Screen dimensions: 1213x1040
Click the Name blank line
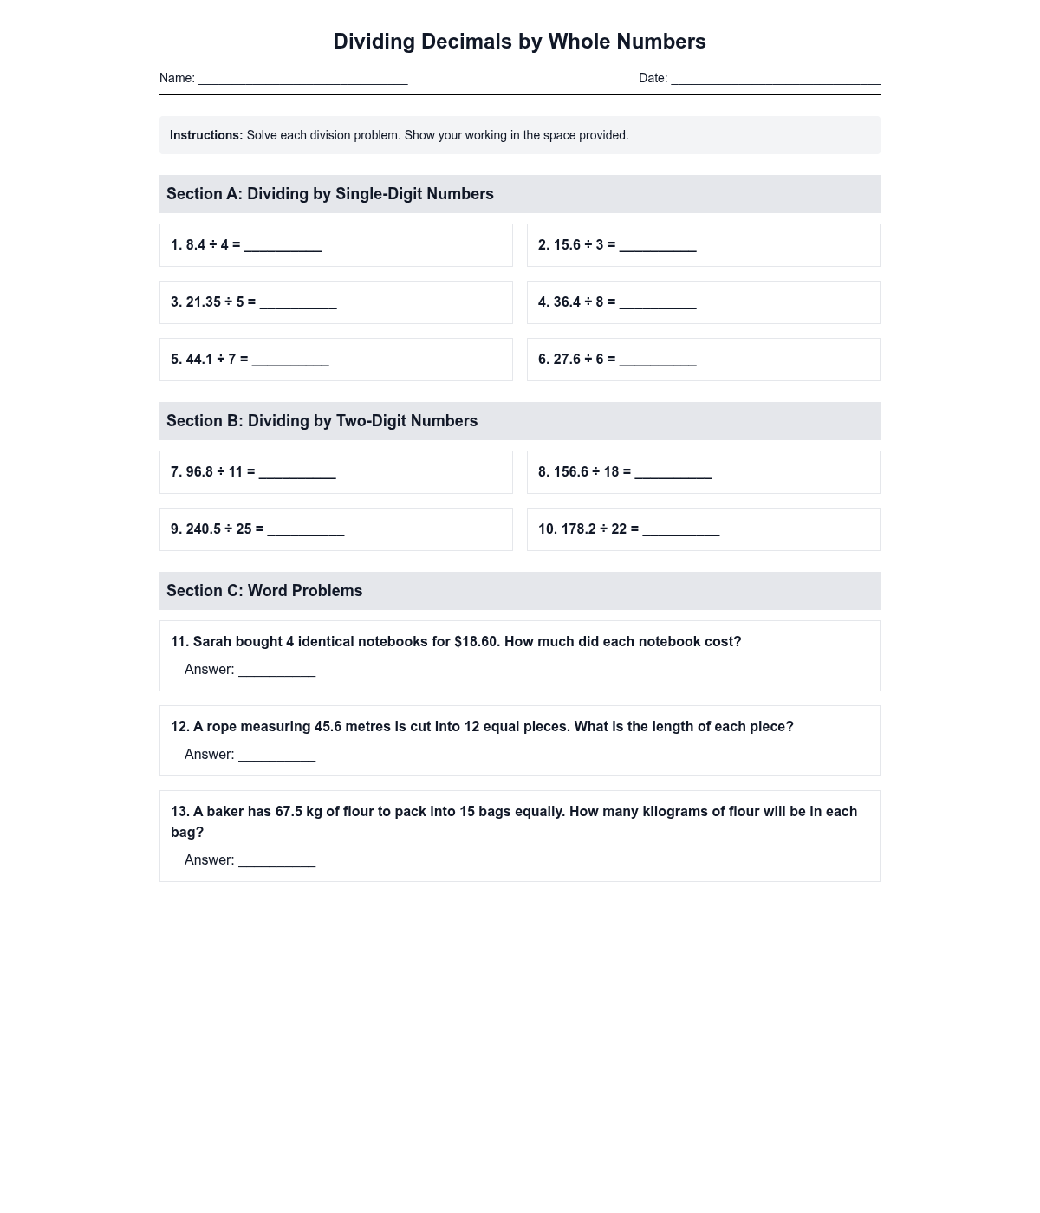point(302,80)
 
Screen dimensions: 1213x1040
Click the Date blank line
point(775,80)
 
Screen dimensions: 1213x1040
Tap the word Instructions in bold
point(206,135)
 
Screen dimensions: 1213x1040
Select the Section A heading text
point(329,194)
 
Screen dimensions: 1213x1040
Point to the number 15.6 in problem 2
point(567,245)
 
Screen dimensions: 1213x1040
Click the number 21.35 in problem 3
point(204,302)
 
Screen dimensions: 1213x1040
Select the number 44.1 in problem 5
point(199,360)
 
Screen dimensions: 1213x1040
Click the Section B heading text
point(322,421)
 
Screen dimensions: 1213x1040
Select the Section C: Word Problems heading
point(264,591)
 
